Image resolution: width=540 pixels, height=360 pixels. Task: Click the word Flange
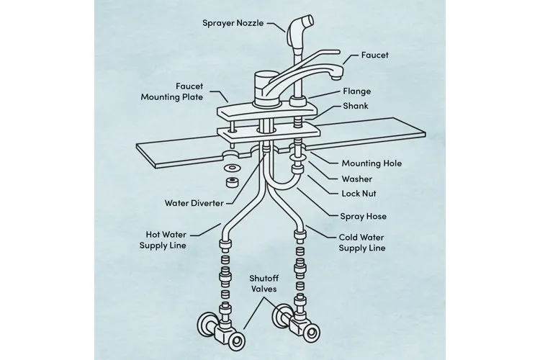[357, 91]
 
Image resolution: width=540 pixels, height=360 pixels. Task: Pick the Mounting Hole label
[372, 163]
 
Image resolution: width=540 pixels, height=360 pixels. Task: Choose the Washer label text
[356, 179]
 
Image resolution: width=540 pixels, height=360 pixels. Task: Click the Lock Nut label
[359, 194]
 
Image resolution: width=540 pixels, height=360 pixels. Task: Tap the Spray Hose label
[363, 216]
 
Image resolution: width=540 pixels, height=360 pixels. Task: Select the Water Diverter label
[194, 202]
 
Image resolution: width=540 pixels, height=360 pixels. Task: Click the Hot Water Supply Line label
[163, 240]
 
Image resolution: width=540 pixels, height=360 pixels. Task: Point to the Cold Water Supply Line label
[362, 243]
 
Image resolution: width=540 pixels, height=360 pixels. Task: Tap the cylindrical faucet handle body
[266, 81]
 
